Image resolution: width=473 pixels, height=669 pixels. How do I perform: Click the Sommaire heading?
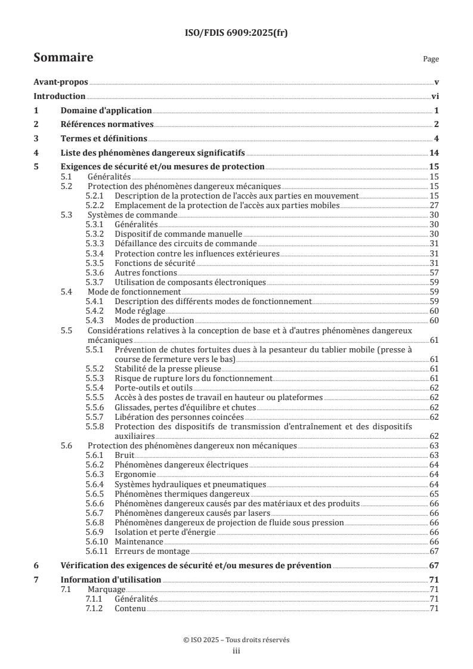coord(63,58)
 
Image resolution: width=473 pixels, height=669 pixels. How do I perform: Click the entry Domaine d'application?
coord(106,110)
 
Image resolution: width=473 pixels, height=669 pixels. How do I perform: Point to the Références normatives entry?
coord(107,125)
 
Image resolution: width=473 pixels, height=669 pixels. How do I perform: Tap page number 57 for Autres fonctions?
coord(434,272)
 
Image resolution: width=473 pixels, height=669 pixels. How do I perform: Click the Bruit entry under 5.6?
coord(124,455)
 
